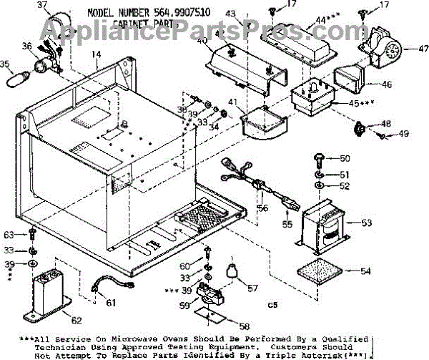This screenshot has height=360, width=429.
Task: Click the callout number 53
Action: click(366, 223)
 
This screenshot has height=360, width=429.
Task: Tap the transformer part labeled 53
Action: click(325, 228)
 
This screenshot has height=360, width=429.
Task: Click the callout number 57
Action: click(252, 288)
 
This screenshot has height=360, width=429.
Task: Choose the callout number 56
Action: click(262, 208)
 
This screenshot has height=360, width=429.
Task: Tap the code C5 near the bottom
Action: click(272, 306)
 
